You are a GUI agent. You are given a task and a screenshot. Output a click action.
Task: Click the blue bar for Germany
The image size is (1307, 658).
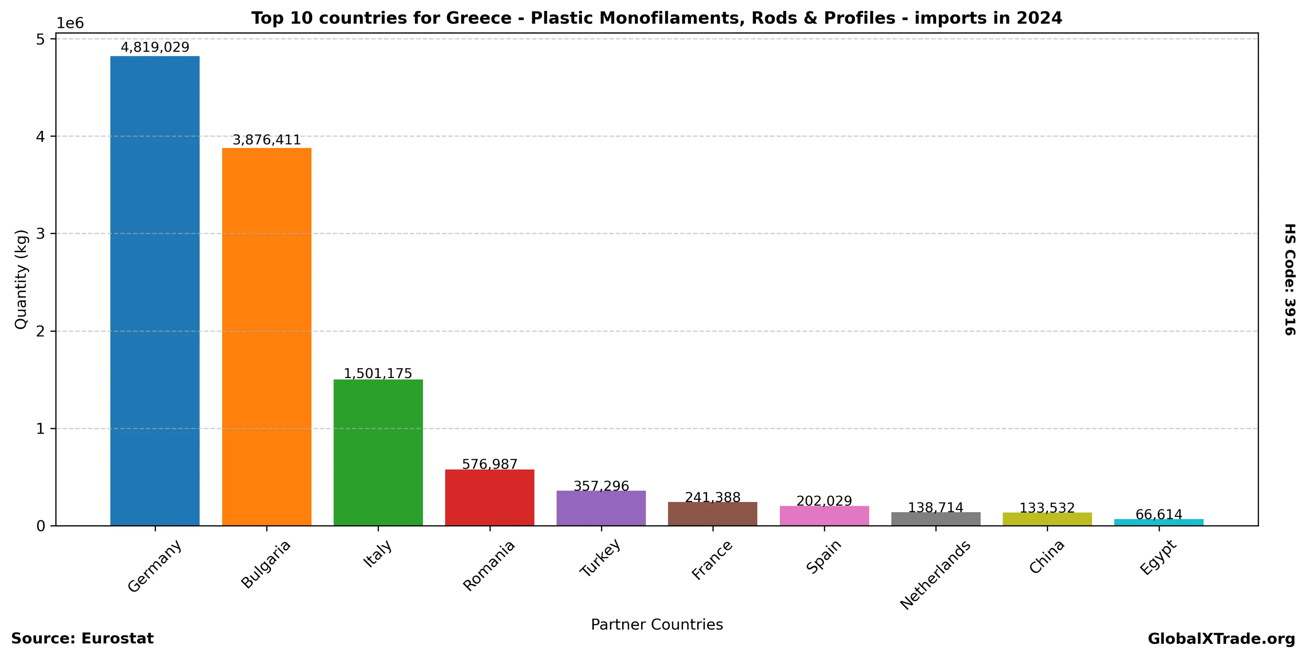[155, 291]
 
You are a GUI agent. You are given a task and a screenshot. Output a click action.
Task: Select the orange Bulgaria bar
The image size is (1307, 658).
[266, 337]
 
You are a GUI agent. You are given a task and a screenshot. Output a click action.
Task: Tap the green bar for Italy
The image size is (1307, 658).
[378, 452]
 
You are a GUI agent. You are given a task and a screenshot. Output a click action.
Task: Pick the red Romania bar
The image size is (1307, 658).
[490, 498]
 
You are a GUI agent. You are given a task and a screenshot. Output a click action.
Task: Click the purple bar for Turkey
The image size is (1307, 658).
[601, 508]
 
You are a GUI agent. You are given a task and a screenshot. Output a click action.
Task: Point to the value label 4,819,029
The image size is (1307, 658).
[155, 47]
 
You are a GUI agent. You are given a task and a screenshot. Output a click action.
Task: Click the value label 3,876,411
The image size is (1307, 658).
[266, 140]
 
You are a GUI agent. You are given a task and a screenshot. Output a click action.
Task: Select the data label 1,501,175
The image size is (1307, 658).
[378, 374]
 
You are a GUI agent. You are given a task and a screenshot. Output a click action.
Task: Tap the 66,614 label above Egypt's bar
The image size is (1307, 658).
[1159, 514]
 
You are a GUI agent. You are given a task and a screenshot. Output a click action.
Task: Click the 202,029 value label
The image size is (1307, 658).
[824, 501]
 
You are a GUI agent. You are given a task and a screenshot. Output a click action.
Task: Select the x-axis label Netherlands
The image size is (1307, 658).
[935, 575]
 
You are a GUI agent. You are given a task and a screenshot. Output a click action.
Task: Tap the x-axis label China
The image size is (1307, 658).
[1046, 557]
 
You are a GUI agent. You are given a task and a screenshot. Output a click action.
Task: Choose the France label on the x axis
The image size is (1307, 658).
[712, 560]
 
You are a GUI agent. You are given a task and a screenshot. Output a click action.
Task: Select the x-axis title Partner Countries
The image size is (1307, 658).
[657, 624]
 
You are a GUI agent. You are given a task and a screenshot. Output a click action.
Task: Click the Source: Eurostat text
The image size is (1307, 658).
[82, 639]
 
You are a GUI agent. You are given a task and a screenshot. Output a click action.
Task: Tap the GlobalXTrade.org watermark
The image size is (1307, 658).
[1221, 639]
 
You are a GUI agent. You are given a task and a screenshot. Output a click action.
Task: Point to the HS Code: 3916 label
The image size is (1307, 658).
[1290, 279]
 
